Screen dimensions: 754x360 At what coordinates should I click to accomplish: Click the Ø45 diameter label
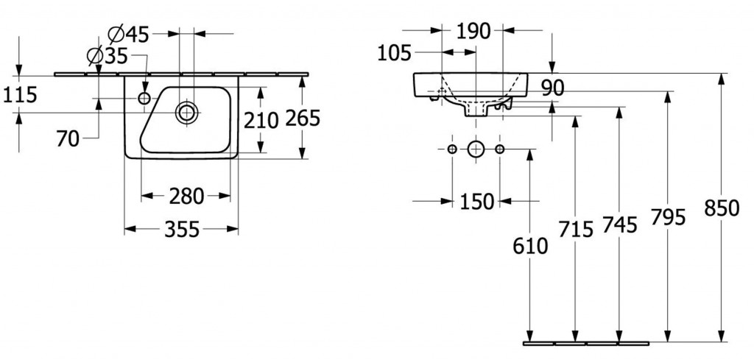[x=128, y=34]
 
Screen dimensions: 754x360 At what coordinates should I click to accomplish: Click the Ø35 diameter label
[x=108, y=56]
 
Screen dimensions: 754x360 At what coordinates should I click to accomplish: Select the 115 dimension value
[x=20, y=95]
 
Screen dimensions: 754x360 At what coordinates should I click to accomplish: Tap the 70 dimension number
[x=68, y=139]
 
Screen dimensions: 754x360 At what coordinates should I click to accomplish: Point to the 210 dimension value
[x=261, y=120]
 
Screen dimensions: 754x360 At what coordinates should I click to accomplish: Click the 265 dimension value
[x=303, y=119]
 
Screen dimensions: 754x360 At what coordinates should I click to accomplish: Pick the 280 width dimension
[x=186, y=196]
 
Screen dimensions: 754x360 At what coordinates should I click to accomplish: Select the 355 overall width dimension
[x=182, y=230]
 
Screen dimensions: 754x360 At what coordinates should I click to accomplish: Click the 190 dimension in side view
[x=473, y=32]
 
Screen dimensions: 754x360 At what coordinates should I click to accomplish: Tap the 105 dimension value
[x=395, y=53]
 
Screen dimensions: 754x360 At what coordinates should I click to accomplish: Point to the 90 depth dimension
[x=552, y=88]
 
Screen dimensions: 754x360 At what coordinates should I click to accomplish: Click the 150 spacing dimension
[x=476, y=202]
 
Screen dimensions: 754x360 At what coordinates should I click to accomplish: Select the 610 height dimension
[x=530, y=246]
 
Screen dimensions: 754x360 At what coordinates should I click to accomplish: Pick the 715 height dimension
[x=576, y=230]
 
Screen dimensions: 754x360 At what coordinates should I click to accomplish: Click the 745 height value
[x=619, y=225]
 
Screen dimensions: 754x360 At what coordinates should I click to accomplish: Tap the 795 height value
[x=668, y=217]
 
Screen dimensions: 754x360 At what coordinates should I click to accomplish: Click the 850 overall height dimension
[x=722, y=208]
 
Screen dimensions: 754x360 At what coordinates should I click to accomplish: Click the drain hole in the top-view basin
[x=186, y=113]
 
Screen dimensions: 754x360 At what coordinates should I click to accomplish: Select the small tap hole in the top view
[x=144, y=99]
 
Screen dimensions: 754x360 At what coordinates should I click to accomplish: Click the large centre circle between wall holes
[x=475, y=149]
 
